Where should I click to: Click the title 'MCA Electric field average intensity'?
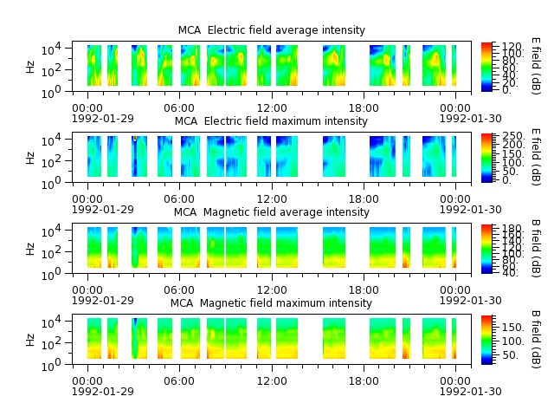click(x=271, y=30)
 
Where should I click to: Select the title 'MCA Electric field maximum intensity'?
click(x=271, y=121)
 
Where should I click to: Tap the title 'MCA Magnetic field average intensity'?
click(x=271, y=212)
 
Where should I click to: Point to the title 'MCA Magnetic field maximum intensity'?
click(x=271, y=303)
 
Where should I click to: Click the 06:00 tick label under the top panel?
click(x=179, y=108)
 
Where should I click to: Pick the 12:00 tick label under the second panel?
click(x=272, y=199)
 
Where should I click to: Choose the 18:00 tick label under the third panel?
click(x=364, y=290)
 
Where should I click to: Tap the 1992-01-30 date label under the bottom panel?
click(x=470, y=392)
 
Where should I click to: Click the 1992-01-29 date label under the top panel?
click(x=103, y=119)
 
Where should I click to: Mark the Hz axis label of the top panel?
click(x=30, y=67)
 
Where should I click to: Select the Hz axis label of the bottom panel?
click(x=30, y=340)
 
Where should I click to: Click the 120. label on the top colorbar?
click(x=512, y=46)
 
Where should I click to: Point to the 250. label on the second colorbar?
click(x=513, y=136)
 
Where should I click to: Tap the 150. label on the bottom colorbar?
click(x=513, y=328)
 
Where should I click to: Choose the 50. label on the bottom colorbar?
click(x=511, y=355)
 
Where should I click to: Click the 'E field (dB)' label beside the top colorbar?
click(x=536, y=66)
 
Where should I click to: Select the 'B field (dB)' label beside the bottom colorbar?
click(x=536, y=340)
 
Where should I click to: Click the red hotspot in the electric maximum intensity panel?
click(x=135, y=139)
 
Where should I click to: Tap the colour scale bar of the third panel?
click(x=486, y=249)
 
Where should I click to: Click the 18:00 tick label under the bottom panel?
click(x=364, y=381)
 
